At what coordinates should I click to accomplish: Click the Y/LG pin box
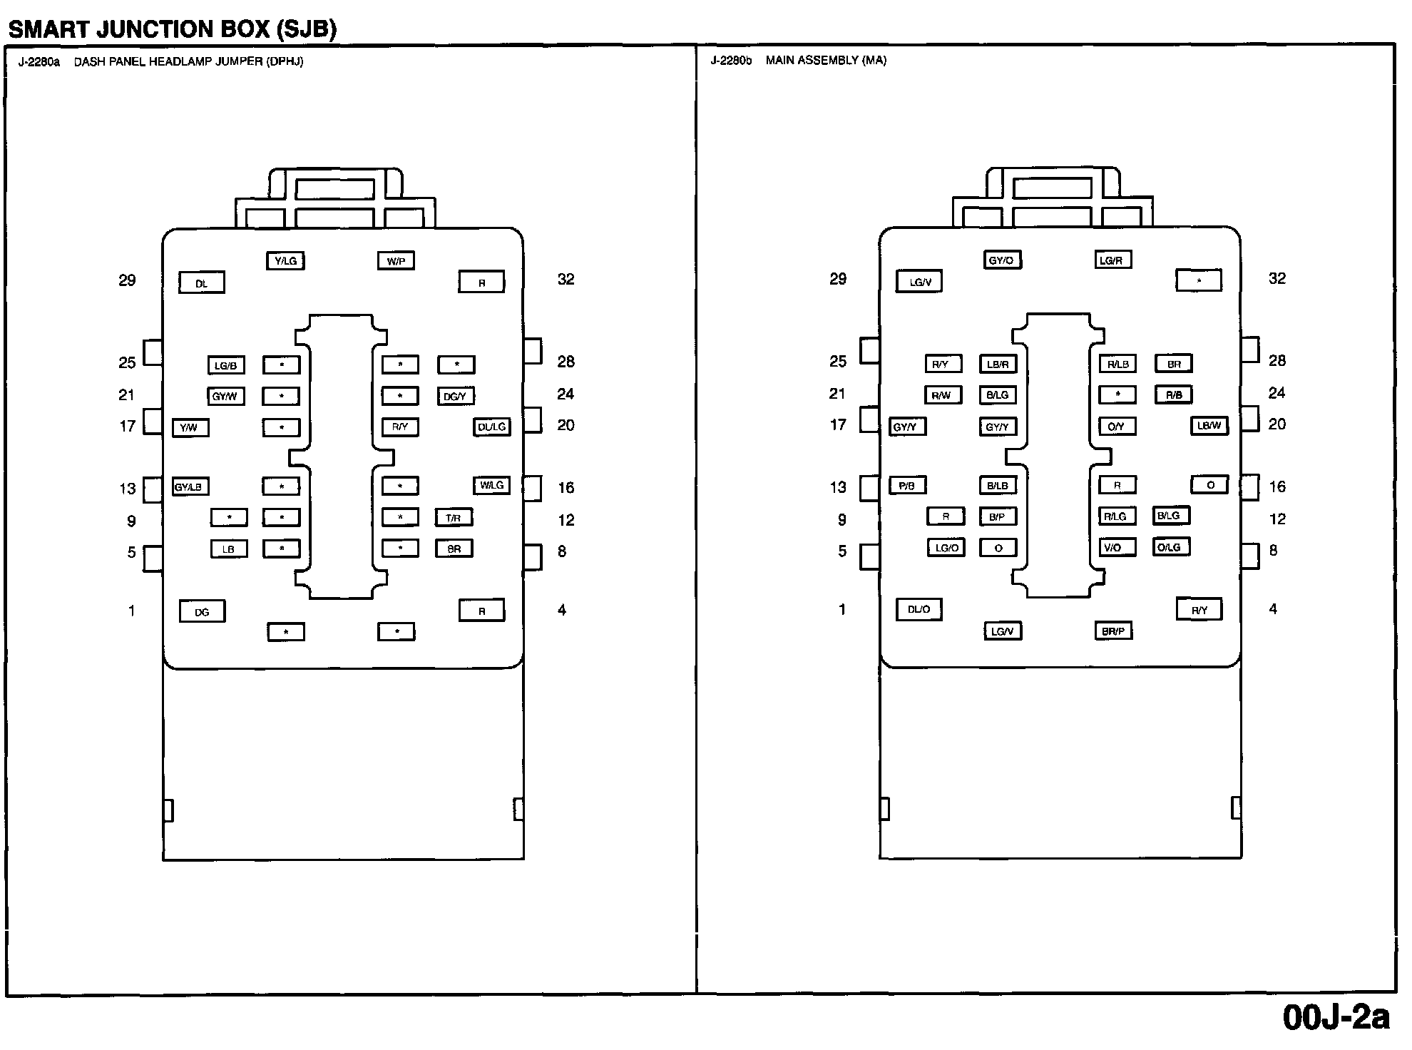[x=285, y=261]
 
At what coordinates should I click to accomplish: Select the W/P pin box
[x=396, y=261]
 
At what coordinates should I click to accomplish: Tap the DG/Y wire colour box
[x=455, y=397]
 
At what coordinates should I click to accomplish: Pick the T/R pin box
[x=454, y=518]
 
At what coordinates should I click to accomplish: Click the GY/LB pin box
[x=190, y=487]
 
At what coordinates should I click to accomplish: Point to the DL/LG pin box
[x=492, y=427]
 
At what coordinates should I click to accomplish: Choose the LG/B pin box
[x=225, y=366]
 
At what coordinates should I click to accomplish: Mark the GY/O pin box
[x=1001, y=260]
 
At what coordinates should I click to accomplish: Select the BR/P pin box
[x=1113, y=631]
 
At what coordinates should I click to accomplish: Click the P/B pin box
[x=907, y=486]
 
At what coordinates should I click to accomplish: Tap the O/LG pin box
[x=1170, y=547]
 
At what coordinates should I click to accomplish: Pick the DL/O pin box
[x=919, y=610]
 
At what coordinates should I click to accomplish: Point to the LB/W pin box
[x=1209, y=426]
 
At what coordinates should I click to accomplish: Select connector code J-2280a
[x=39, y=62]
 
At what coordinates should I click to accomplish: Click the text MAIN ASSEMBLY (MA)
[x=826, y=61]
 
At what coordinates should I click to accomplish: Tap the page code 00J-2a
[x=1336, y=1018]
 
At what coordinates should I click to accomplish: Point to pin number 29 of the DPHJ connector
[x=127, y=280]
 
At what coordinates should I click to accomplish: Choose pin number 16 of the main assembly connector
[x=1277, y=487]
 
